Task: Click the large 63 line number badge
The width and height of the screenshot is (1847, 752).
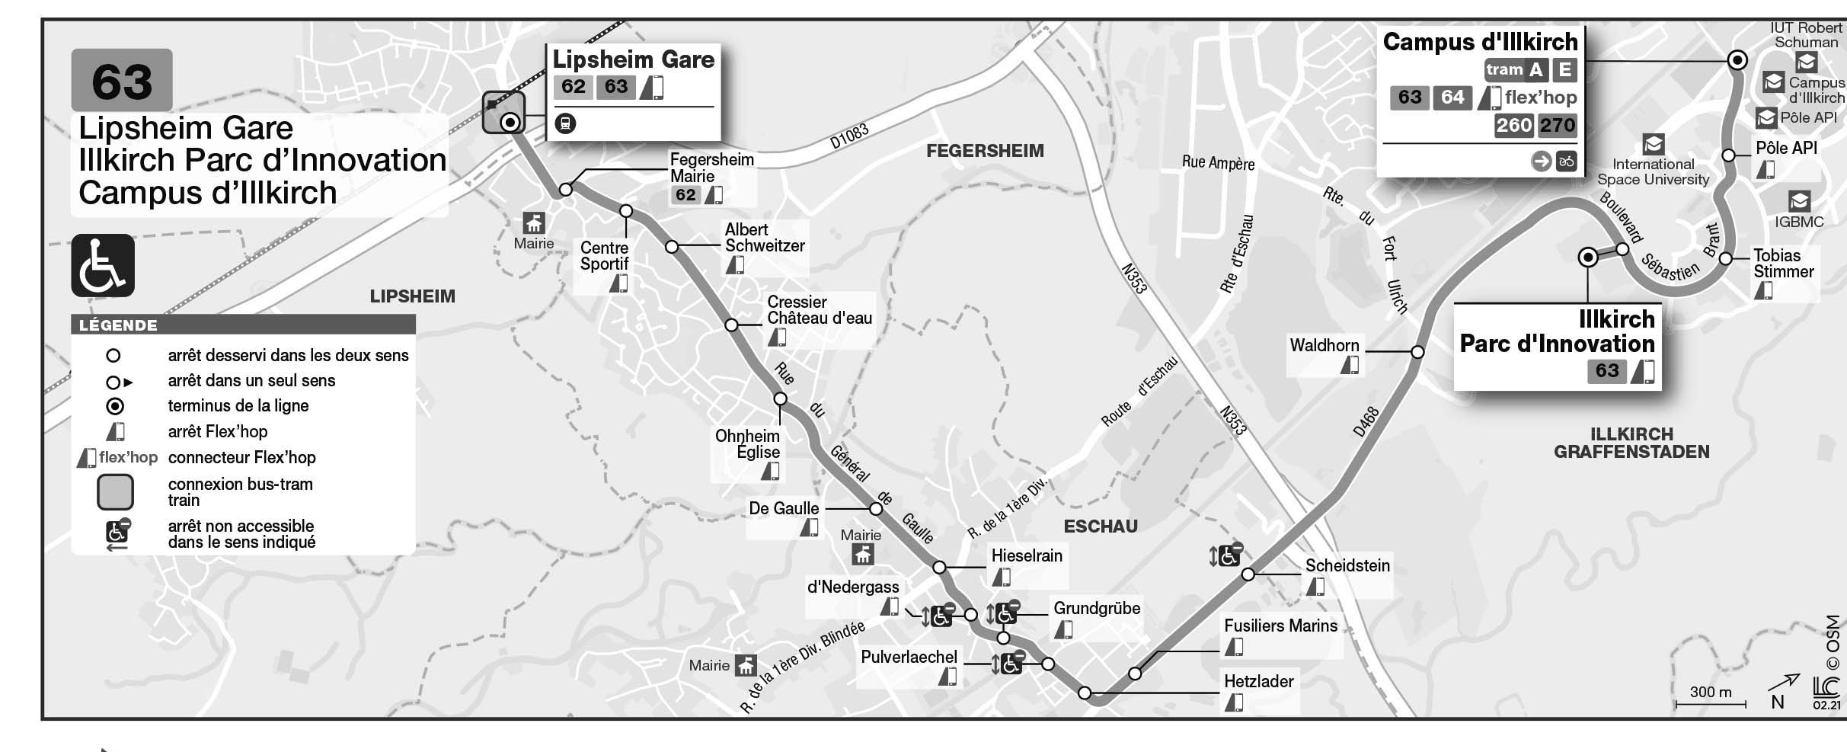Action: pyautogui.click(x=122, y=81)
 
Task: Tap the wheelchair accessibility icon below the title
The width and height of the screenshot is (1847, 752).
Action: pyautogui.click(x=103, y=265)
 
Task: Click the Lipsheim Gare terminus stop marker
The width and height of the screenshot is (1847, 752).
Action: pyautogui.click(x=510, y=122)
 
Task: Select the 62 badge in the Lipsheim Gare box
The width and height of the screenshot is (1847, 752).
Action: pyautogui.click(x=574, y=87)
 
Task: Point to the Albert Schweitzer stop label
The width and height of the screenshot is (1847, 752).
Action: pyautogui.click(x=764, y=238)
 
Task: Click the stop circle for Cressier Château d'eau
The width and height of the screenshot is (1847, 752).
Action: pyautogui.click(x=731, y=325)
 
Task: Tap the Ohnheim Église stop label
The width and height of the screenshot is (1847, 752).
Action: pyautogui.click(x=747, y=444)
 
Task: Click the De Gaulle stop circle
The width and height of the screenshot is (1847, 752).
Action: pyautogui.click(x=876, y=509)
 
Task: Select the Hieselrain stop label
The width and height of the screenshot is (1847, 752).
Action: pyautogui.click(x=1026, y=556)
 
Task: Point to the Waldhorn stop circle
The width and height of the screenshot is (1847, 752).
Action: pyautogui.click(x=1417, y=352)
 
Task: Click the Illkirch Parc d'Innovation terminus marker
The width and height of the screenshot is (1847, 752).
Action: pyautogui.click(x=1588, y=258)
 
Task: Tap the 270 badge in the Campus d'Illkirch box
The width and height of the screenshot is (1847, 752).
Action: pyautogui.click(x=1557, y=125)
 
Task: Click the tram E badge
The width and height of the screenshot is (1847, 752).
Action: pyautogui.click(x=1564, y=70)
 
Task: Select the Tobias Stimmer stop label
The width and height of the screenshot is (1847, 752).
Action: pyautogui.click(x=1783, y=264)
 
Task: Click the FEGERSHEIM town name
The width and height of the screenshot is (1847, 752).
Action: pyautogui.click(x=985, y=151)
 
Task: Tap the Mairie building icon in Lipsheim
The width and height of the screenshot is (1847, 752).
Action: pyautogui.click(x=533, y=224)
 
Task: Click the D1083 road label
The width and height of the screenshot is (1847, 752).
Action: pyautogui.click(x=848, y=137)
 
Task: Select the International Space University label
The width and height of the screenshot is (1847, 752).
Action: pyautogui.click(x=1653, y=171)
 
